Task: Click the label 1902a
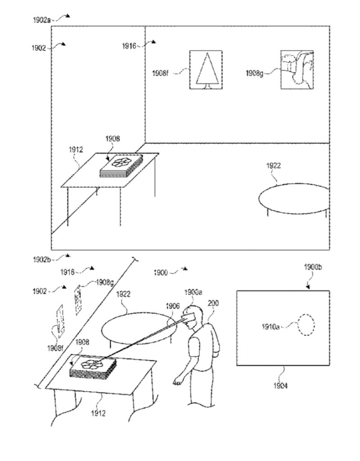coord(41,20)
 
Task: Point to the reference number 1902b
coord(42,260)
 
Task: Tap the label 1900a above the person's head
coord(193,292)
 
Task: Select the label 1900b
coord(313,267)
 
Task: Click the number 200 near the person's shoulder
coord(213,303)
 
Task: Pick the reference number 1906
coord(172,306)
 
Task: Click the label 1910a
coord(270,327)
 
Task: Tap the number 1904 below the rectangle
coord(280,385)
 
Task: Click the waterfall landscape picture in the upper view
coord(297,70)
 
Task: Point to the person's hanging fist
coord(176,382)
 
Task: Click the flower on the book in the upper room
coord(121,162)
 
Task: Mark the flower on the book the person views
coord(91,364)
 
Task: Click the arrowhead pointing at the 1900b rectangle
coord(308,287)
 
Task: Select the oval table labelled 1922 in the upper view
coord(294,198)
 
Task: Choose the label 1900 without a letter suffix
coord(161,273)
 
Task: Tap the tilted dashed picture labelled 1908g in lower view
coord(78,300)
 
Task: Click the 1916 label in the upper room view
coord(129,46)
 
